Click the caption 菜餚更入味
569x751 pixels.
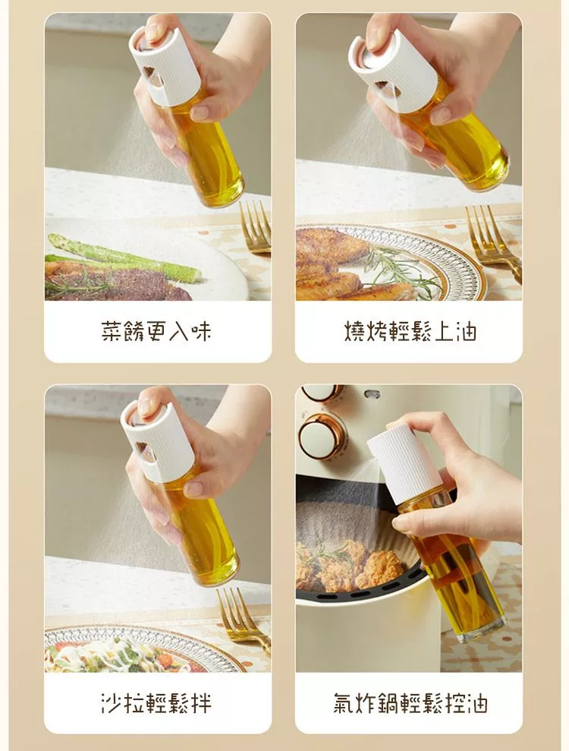156,331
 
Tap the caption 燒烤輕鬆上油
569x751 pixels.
410,331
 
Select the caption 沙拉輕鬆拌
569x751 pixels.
156,703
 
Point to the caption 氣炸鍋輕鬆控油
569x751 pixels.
410,703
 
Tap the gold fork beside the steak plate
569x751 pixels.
256,227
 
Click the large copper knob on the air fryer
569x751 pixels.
322,436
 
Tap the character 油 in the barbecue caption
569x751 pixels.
465,331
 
